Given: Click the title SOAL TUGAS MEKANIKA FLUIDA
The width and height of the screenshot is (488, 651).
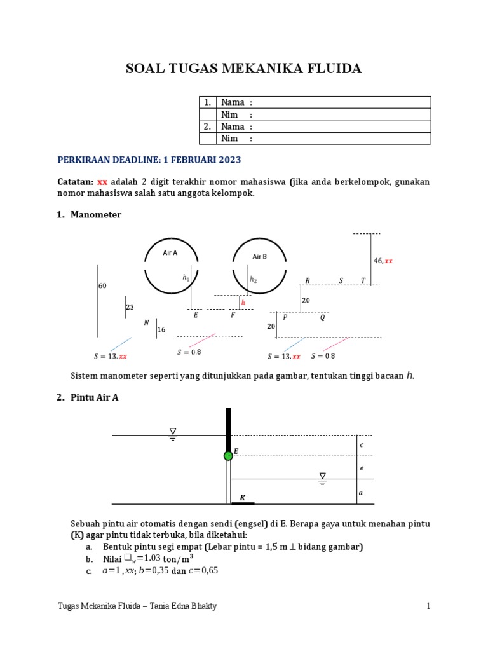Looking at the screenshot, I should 244,69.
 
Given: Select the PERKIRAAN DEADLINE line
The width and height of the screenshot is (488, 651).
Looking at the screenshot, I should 149,160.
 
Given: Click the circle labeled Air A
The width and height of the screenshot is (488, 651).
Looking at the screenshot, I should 170,265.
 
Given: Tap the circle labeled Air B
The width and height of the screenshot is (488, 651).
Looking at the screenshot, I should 259,266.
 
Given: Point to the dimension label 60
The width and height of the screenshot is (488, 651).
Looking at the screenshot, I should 102,286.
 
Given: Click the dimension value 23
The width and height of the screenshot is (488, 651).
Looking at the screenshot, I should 130,306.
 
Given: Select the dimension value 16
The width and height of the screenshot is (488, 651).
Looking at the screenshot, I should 161,329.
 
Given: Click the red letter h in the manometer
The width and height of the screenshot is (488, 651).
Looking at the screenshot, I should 243,303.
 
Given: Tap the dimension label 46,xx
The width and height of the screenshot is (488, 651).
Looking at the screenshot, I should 383,261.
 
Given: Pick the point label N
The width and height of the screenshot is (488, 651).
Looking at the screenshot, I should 146,322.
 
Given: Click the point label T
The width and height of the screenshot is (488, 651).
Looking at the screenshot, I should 363,280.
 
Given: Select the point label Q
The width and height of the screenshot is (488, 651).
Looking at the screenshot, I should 322,317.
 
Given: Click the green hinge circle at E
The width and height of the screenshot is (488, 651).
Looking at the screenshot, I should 227,456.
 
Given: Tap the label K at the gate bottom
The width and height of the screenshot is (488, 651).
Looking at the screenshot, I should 242,497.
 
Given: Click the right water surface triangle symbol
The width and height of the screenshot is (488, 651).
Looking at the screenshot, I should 323,477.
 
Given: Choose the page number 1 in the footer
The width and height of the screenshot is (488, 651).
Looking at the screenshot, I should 428,606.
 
